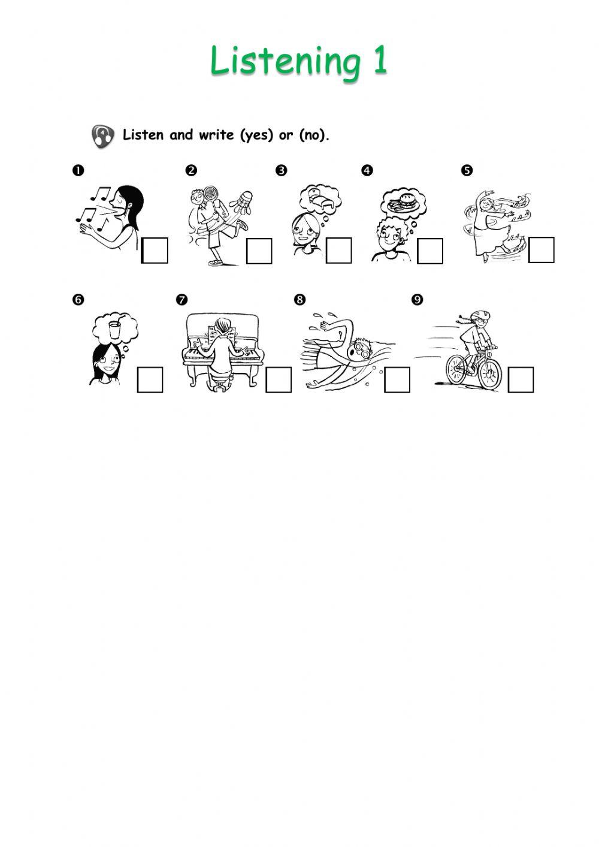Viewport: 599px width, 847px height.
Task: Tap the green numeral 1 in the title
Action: [380, 59]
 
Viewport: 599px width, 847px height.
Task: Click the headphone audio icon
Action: [102, 135]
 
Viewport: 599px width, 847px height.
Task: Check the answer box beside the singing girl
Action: [155, 251]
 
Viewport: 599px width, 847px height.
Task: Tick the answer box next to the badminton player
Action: [259, 251]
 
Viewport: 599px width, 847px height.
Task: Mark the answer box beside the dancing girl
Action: [541, 250]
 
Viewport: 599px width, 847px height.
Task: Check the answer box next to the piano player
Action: [279, 379]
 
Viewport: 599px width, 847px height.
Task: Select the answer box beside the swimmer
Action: [397, 379]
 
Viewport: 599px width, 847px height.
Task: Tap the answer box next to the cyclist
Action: [521, 379]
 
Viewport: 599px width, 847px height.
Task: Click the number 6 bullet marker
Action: [78, 300]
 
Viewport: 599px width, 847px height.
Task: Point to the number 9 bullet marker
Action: [417, 300]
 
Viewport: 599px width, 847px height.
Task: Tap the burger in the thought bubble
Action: [406, 199]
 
